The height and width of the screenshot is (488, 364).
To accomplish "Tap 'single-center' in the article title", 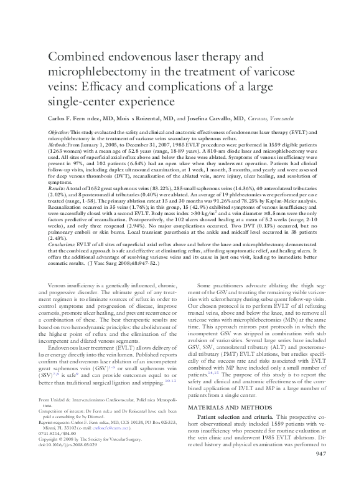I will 85,100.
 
